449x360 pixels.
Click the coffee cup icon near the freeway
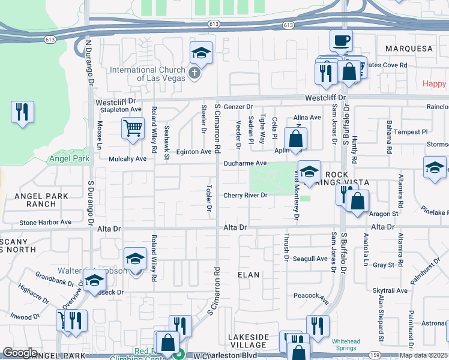340,41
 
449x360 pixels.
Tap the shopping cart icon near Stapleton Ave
132,128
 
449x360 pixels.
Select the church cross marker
193,73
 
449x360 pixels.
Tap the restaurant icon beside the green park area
22,112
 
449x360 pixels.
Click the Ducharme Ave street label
244,163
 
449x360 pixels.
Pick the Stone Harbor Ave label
45,222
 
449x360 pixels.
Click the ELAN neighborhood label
249,275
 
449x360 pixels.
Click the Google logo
20,353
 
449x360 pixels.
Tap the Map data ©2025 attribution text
423,355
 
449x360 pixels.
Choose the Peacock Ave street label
311,296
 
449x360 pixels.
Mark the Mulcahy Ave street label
127,159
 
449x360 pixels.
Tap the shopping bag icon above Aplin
295,139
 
